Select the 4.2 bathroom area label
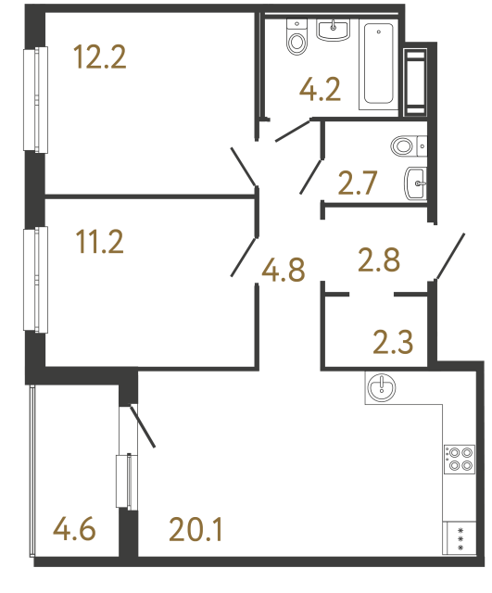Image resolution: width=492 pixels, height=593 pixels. click(x=320, y=90)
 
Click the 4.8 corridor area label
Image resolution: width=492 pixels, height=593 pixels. click(x=283, y=271)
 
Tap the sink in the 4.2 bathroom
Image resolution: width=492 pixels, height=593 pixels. click(x=334, y=31)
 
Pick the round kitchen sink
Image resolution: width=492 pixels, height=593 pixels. click(x=381, y=387)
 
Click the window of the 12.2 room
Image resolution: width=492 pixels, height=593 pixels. click(x=39, y=99)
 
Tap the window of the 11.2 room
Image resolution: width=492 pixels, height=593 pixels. click(x=39, y=279)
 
